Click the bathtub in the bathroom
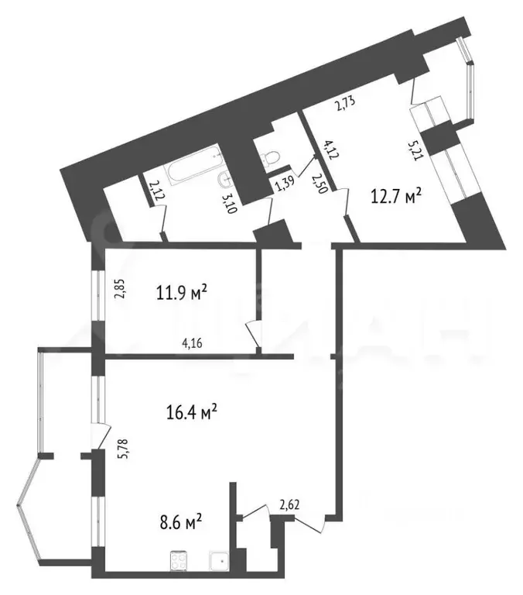pos(196,170)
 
